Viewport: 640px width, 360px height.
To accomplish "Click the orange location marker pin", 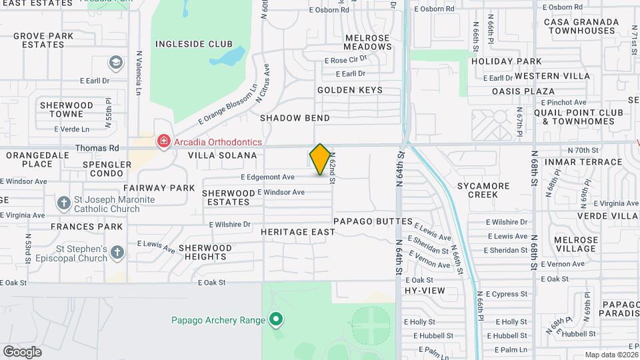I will click(320, 159).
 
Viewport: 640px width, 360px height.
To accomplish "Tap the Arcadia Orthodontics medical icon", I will click(162, 141).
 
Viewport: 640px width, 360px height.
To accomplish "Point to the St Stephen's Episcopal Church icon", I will click(117, 252).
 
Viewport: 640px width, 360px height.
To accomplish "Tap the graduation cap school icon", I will click(116, 62).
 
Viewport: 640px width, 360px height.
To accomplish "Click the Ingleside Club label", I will click(185, 44).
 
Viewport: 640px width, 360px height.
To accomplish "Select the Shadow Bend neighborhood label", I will click(295, 118).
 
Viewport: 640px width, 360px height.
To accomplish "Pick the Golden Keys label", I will click(350, 90).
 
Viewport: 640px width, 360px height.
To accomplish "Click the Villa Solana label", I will click(222, 155).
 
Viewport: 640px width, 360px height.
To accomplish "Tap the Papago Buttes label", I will click(373, 221).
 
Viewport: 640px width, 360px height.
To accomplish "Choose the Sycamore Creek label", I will click(473, 190).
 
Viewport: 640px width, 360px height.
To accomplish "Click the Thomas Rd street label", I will click(97, 148).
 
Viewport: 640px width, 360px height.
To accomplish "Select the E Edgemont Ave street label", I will click(267, 177).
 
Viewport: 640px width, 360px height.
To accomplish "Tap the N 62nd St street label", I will click(332, 164).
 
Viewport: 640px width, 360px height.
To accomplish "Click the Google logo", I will click(22, 351).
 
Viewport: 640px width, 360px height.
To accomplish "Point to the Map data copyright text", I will click(612, 355).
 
